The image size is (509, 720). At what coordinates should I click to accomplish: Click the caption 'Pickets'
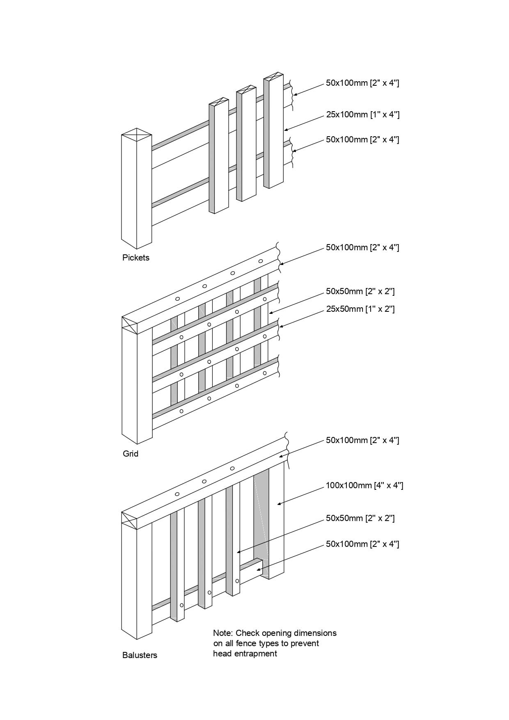coord(135,258)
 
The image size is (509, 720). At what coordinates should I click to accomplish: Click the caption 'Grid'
coord(131,454)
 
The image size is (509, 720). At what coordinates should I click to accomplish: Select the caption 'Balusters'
coord(140,655)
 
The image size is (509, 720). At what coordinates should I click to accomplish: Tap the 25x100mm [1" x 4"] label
coord(362,114)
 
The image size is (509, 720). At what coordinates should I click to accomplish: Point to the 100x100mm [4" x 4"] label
coord(364,485)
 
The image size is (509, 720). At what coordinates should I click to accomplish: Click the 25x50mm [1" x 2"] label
coord(360,309)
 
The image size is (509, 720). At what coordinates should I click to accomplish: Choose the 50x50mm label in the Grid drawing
coord(360,291)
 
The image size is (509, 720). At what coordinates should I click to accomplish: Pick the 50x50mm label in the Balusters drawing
coord(360,518)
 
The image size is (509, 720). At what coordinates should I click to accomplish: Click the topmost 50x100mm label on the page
coord(362,83)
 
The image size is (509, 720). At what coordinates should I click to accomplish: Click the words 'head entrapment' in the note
coord(245,654)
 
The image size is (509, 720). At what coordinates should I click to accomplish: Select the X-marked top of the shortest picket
coord(219,101)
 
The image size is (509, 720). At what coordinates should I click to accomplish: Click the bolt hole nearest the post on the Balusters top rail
coord(177,494)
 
